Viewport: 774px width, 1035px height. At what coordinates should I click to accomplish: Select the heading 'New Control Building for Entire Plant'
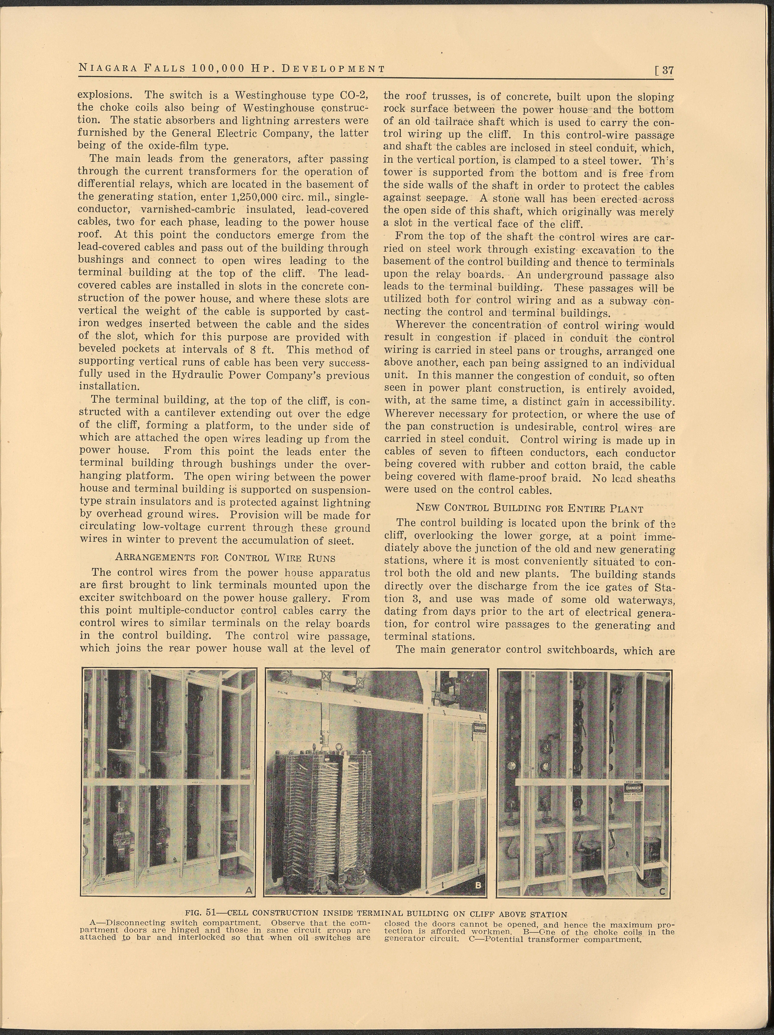(x=529, y=508)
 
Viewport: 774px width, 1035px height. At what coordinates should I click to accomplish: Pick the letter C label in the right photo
(x=662, y=891)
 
